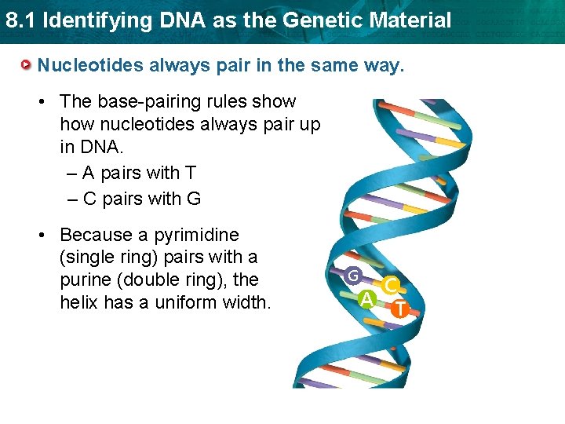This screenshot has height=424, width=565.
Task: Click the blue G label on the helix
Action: click(x=354, y=276)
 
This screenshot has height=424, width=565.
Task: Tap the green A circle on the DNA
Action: click(x=366, y=298)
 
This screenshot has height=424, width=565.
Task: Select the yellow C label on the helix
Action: click(x=389, y=287)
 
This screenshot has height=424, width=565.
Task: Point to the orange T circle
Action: click(x=399, y=309)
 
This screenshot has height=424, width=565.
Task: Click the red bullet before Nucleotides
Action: click(x=27, y=64)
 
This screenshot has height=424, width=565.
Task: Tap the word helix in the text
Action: click(x=80, y=302)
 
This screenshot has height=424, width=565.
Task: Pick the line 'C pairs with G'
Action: click(x=134, y=199)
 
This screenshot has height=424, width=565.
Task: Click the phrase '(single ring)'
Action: click(x=111, y=257)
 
